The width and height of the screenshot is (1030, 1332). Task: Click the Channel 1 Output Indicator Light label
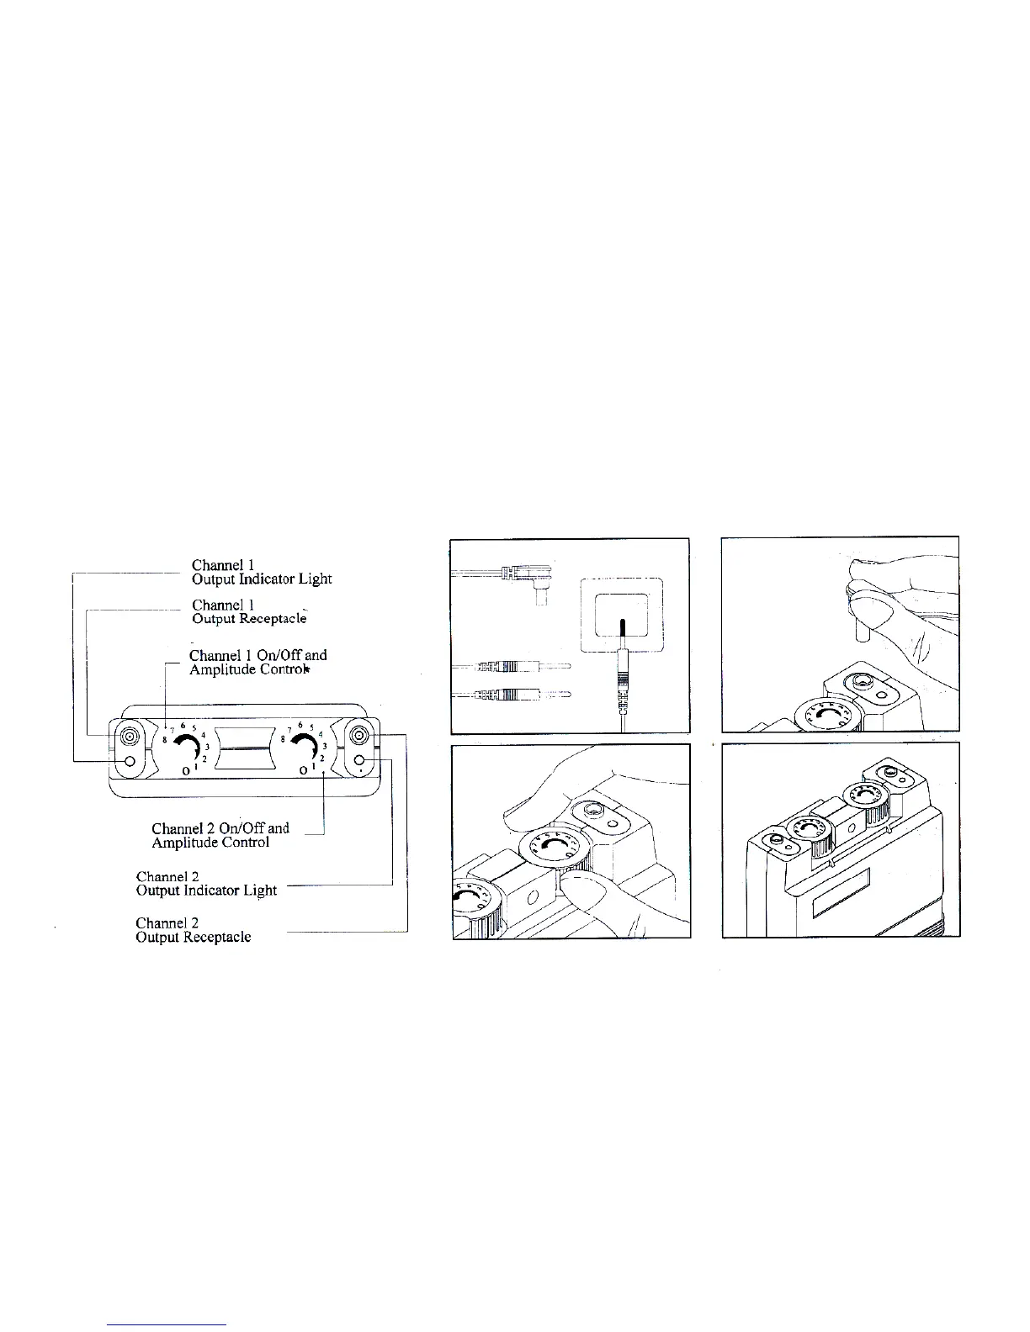pos(261,572)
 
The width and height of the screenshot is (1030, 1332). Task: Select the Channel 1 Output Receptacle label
pos(248,611)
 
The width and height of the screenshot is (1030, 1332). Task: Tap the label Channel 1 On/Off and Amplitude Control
pos(257,662)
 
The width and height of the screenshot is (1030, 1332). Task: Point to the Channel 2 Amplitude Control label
pos(220,835)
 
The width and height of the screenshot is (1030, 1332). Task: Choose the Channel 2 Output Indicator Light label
pos(206,883)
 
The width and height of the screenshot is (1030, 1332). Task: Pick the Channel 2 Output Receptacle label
pos(193,929)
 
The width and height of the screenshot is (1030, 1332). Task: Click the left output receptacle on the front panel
pos(129,737)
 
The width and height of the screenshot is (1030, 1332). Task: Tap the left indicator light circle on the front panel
pos(129,762)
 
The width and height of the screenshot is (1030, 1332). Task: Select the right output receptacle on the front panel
pos(359,737)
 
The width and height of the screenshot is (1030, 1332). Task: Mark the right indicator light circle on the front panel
pos(359,762)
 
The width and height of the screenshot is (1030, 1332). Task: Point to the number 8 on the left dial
pos(165,738)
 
